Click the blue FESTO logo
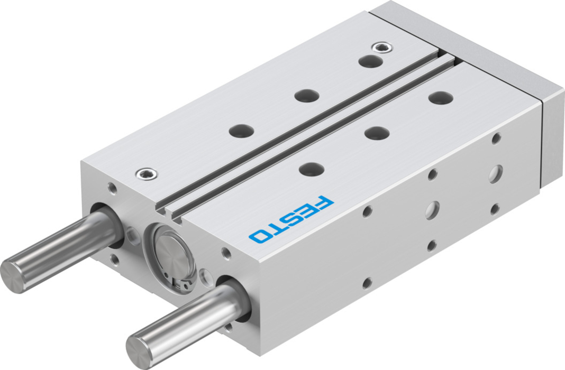tap(291, 218)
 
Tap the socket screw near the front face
tap(147, 174)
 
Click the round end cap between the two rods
tap(169, 256)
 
